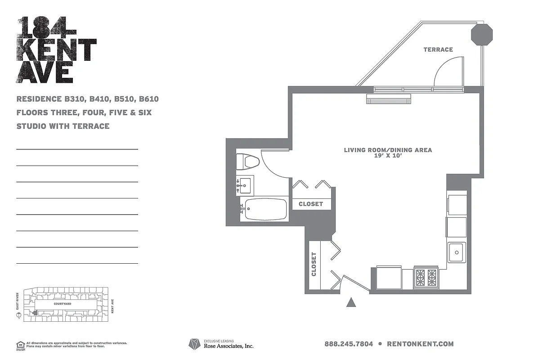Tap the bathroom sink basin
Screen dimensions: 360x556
pos(246,184)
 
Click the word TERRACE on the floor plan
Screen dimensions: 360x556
pos(438,49)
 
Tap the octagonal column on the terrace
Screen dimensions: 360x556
pos(482,35)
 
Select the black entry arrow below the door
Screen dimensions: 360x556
pos(351,302)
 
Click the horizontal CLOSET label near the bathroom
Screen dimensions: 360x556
pos(311,204)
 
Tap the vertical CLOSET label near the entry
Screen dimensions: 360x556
pos(314,264)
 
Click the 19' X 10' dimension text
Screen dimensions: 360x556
pos(388,156)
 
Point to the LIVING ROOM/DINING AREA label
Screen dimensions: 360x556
pos(388,150)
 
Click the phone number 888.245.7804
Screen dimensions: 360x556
pos(349,344)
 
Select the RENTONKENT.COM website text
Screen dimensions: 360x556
pos(420,344)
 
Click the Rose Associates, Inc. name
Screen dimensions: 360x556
pos(229,346)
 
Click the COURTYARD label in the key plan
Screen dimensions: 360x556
pos(63,304)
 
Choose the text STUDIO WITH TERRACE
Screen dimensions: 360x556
pos(63,126)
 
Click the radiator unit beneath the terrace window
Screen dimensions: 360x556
pos(389,99)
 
